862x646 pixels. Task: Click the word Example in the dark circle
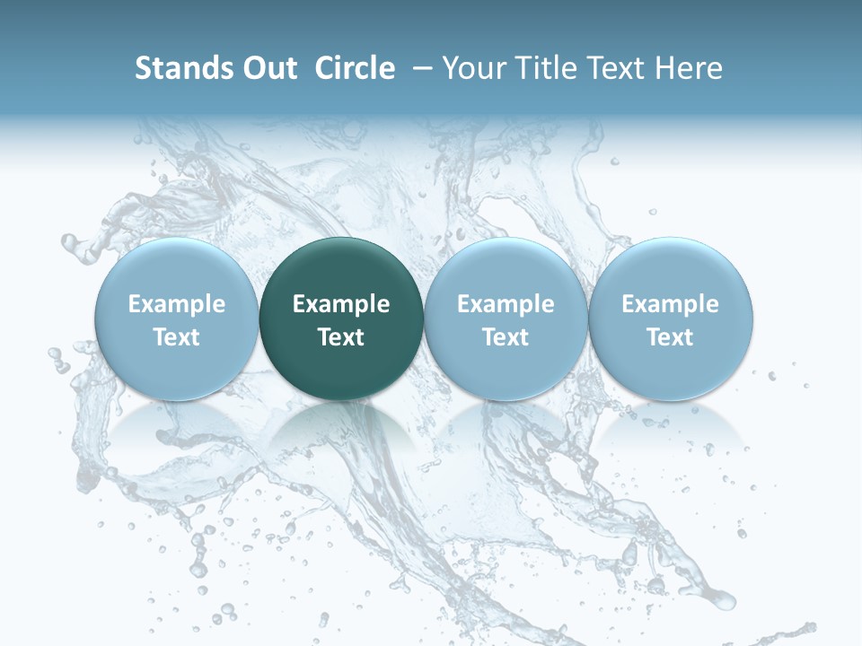341,304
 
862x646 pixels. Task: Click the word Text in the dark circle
341,337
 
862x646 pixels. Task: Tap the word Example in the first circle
176,304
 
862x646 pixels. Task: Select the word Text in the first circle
176,337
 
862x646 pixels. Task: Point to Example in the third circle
506,304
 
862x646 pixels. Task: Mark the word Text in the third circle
506,337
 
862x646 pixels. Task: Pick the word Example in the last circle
670,304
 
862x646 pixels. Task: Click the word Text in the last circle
670,337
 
